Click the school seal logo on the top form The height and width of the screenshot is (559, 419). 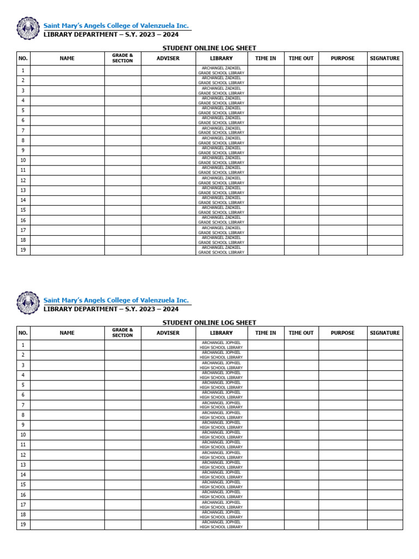click(28, 28)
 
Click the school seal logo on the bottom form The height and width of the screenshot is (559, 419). click(28, 302)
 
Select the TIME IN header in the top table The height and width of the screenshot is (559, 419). click(266, 58)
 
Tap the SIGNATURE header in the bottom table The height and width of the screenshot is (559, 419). click(385, 333)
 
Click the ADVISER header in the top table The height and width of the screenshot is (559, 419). click(168, 58)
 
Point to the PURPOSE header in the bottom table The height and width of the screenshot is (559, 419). click(343, 333)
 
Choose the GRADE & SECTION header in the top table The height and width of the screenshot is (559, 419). click(123, 58)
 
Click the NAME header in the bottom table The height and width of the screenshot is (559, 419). click(67, 333)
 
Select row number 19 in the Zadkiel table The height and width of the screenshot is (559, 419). click(23, 250)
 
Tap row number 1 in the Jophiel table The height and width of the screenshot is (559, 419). click(23, 345)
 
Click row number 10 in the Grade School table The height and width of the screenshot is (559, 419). click(23, 160)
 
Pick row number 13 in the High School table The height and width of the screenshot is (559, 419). click(23, 465)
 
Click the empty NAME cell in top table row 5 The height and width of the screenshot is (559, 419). click(67, 111)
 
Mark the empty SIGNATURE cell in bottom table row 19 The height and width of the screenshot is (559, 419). click(385, 525)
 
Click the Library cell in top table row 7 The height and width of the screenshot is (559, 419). click(222, 130)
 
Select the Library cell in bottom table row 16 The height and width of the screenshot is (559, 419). click(222, 495)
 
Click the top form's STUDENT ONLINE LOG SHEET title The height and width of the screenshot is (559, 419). click(209, 48)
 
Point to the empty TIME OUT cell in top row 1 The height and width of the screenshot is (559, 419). click(301, 70)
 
